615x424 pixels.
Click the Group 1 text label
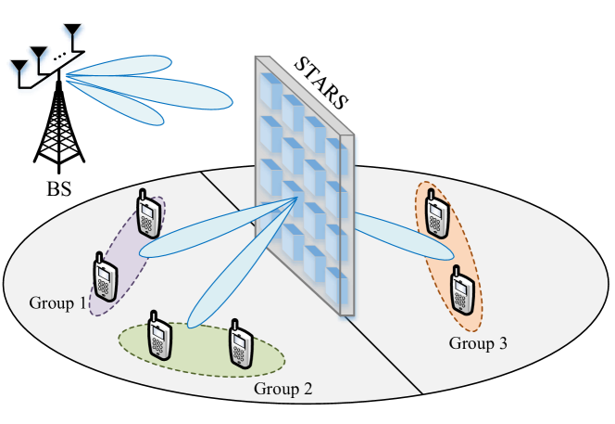(57, 303)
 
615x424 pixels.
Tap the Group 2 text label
(282, 388)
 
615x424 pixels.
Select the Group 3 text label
(478, 343)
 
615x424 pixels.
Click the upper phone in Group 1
(146, 215)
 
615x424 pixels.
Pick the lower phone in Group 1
(105, 276)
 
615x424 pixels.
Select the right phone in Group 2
(240, 343)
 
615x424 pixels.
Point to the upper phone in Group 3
(437, 214)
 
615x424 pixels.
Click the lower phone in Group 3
(460, 289)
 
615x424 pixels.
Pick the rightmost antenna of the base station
(71, 36)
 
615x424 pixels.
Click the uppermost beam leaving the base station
(130, 66)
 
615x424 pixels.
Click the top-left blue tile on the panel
(270, 91)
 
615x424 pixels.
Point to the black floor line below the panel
(389, 353)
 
